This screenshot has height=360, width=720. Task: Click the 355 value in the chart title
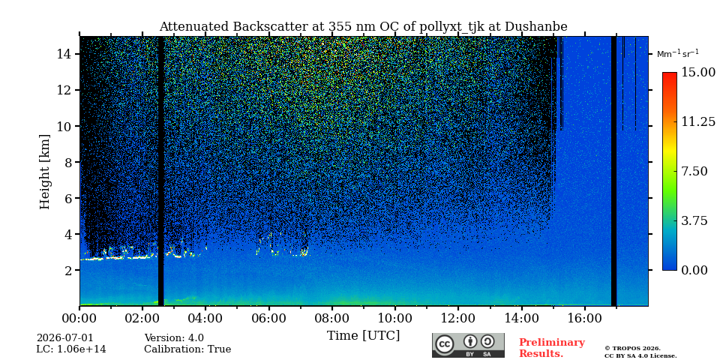tap(338, 27)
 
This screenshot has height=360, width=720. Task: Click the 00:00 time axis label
tap(80, 318)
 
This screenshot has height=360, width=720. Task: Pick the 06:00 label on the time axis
tap(269, 318)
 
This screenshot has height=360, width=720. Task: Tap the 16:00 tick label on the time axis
tap(584, 318)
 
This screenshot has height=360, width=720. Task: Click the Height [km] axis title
tap(44, 171)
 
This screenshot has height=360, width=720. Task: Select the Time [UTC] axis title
tap(363, 336)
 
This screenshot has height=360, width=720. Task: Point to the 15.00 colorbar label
tap(697, 72)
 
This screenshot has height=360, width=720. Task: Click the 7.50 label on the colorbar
tap(694, 171)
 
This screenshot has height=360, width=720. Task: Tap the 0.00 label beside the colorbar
tap(694, 270)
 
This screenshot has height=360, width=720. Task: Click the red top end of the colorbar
tap(670, 75)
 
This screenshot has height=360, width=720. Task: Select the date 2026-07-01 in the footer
tap(64, 338)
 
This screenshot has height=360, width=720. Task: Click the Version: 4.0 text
tap(174, 338)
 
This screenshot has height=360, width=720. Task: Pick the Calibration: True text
tap(187, 349)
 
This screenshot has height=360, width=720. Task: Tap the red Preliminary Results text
tap(552, 348)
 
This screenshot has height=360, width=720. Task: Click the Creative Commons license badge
tap(468, 345)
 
